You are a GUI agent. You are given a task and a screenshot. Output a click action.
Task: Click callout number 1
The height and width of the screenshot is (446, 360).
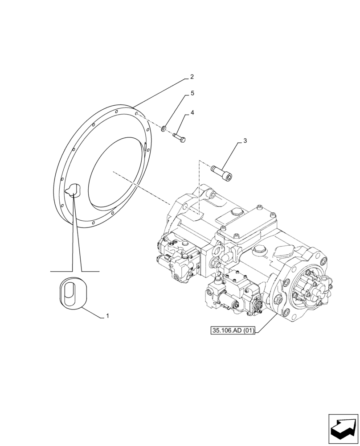tap(107, 316)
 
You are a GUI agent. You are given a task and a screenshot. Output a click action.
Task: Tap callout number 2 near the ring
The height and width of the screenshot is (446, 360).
tap(192, 77)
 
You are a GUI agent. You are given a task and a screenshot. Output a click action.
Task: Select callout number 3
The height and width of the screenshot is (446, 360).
tap(245, 141)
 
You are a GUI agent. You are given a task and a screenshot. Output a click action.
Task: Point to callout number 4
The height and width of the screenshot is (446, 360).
tap(192, 113)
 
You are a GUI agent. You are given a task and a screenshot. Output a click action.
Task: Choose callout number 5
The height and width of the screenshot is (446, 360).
tap(192, 93)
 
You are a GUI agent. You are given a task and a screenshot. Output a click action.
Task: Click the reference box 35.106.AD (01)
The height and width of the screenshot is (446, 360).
tap(233, 331)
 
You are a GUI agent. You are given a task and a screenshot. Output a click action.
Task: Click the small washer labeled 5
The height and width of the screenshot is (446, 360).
tap(164, 129)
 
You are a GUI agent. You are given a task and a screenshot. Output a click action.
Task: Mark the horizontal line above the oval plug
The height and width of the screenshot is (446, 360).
tap(75, 271)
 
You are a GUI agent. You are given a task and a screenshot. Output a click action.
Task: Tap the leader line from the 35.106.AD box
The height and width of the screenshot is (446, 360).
tap(266, 321)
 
